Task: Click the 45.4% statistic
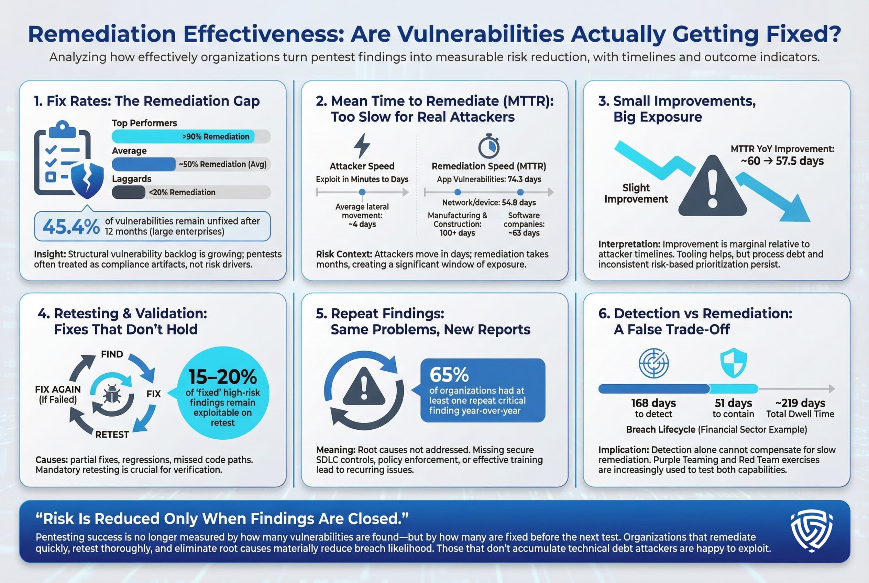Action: point(71,227)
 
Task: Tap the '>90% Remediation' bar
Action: point(183,136)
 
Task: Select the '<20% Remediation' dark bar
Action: point(129,192)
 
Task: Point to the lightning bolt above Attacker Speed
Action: point(362,146)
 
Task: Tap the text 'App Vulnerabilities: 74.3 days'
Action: point(488,179)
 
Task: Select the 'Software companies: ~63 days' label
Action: point(524,224)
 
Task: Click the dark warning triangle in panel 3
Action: point(712,188)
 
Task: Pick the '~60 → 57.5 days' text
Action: point(782,161)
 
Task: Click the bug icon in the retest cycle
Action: point(112,394)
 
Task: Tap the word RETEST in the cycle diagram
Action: point(112,434)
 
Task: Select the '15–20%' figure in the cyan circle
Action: point(222,377)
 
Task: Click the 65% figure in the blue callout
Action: point(449,374)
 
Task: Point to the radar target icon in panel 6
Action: point(653,363)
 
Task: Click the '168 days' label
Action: point(653,403)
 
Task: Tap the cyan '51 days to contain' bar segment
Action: point(734,389)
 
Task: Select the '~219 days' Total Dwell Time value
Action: point(800,403)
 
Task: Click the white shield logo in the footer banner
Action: point(811,530)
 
